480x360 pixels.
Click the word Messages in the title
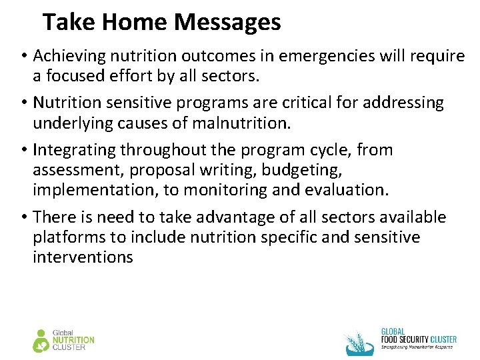(227, 23)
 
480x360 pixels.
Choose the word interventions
(83, 257)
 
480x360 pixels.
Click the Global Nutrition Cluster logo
(64, 340)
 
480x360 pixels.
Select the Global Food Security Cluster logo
(401, 341)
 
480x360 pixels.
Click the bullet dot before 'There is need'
(23, 217)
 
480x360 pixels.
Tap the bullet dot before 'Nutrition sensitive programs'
(23, 103)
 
